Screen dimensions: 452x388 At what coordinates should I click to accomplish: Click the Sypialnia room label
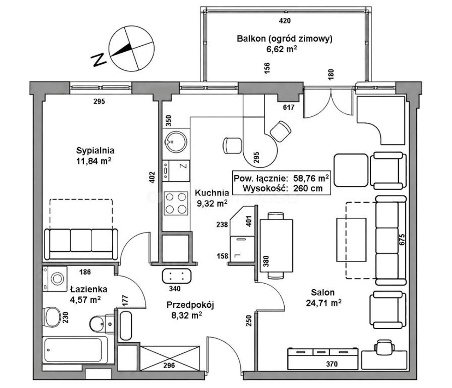pyautogui.click(x=95, y=151)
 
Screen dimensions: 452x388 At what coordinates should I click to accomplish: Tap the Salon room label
pyautogui.click(x=323, y=292)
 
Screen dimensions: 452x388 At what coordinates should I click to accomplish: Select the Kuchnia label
pyautogui.click(x=212, y=193)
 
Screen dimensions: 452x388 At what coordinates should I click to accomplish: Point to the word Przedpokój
pyautogui.click(x=190, y=305)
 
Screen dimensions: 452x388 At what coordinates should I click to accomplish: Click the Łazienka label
pyautogui.click(x=89, y=289)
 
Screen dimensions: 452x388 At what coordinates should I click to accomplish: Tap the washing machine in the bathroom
pyautogui.click(x=55, y=279)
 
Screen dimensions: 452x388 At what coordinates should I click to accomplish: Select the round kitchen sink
pyautogui.click(x=176, y=141)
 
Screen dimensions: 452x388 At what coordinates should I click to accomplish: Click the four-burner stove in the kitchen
pyautogui.click(x=176, y=203)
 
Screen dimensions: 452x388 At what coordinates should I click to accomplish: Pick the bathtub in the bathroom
pyautogui.click(x=75, y=350)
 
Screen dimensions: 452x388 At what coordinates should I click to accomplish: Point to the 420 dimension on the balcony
pyautogui.click(x=285, y=21)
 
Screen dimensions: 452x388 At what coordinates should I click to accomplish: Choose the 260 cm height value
pyautogui.click(x=308, y=189)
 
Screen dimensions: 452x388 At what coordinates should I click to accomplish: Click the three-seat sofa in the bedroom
pyautogui.click(x=81, y=244)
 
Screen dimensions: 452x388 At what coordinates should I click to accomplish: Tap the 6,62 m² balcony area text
pyautogui.click(x=282, y=49)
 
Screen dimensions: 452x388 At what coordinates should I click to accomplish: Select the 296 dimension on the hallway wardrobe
pyautogui.click(x=169, y=365)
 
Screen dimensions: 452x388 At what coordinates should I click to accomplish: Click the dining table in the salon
pyautogui.click(x=276, y=245)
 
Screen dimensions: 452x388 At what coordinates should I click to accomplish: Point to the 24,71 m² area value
pyautogui.click(x=323, y=303)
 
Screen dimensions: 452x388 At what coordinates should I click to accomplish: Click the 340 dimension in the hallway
pyautogui.click(x=175, y=289)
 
